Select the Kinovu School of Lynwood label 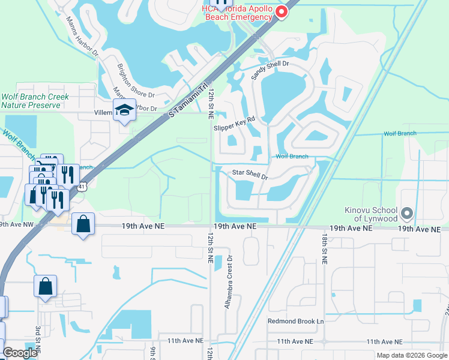pyautogui.click(x=370, y=214)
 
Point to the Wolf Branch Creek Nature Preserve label pyautogui.click(x=35, y=101)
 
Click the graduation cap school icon pyautogui.click(x=124, y=110)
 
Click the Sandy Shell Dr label pyautogui.click(x=270, y=71)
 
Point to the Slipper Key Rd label pyautogui.click(x=234, y=124)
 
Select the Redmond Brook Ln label pyautogui.click(x=295, y=322)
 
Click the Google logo pyautogui.click(x=20, y=353)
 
